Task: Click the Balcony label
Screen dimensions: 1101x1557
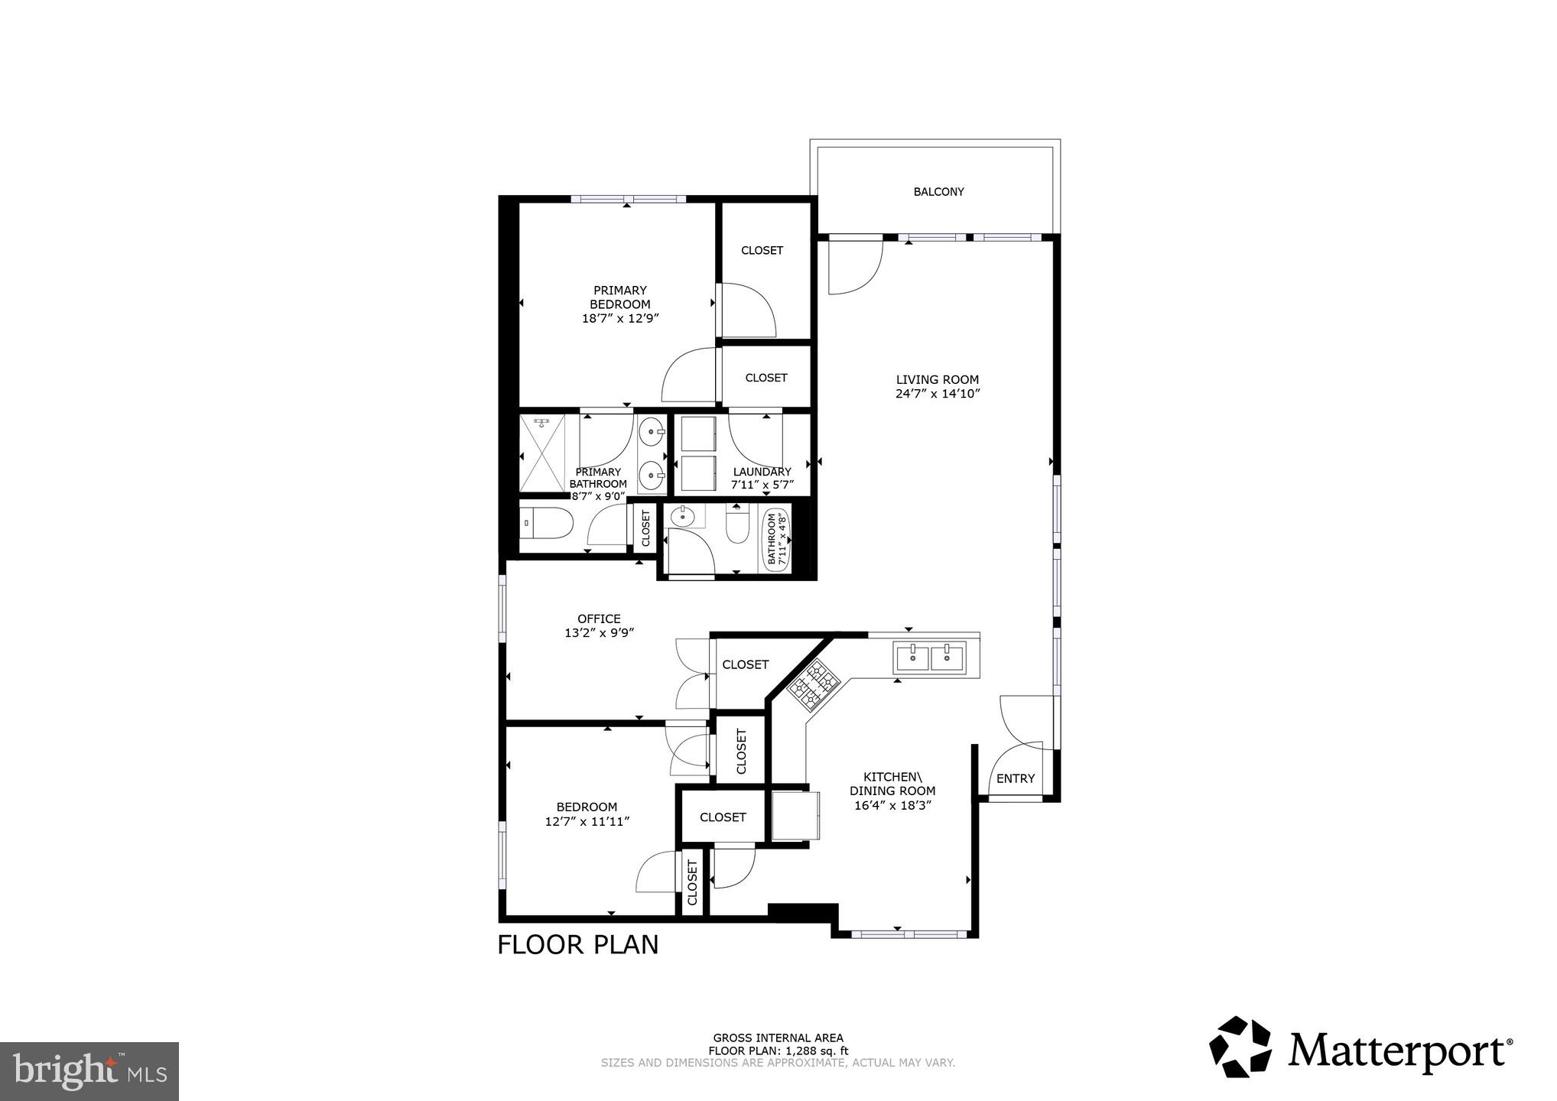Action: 938,192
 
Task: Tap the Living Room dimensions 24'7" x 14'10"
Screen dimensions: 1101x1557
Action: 938,395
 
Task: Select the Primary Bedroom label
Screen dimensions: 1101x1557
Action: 620,297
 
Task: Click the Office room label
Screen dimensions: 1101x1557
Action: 599,619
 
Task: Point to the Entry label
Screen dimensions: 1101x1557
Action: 1015,778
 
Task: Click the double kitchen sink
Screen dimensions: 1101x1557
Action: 931,656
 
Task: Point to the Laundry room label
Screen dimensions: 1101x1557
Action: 762,472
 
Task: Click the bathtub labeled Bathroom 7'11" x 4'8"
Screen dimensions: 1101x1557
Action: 776,539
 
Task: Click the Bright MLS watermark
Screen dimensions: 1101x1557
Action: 89,1071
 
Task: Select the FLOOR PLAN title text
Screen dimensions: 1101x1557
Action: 577,945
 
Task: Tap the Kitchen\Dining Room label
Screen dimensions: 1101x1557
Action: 892,784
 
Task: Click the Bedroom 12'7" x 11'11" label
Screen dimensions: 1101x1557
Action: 587,814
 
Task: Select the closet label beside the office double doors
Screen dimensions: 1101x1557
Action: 745,664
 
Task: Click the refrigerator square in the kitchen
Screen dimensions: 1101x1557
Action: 795,816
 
